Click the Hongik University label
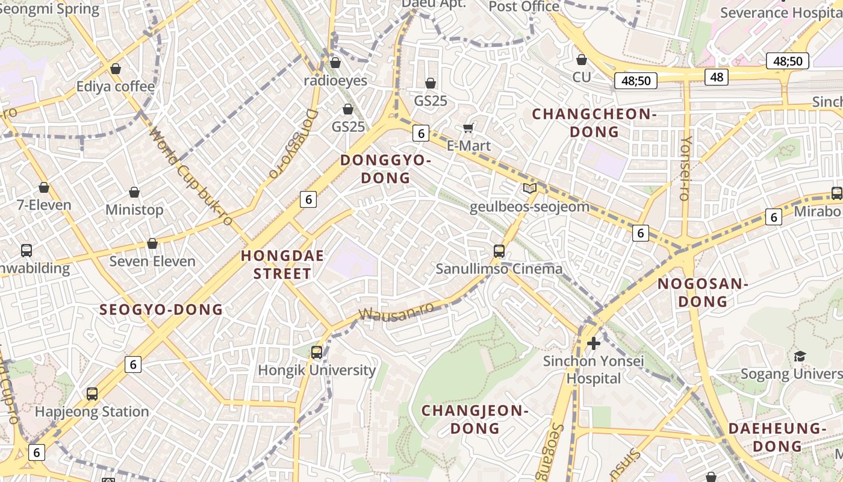[x=317, y=370]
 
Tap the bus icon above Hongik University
[x=317, y=352]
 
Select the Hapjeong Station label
[x=92, y=412]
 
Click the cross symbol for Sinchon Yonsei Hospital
[x=594, y=343]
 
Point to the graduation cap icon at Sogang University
[x=800, y=356]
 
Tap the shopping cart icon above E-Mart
[x=468, y=128]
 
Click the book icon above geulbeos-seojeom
[x=529, y=189]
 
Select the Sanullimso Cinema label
[x=499, y=269]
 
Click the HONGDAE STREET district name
[x=282, y=264]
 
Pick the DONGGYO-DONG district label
[x=385, y=169]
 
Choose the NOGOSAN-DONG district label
[x=702, y=292]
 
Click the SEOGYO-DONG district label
[x=161, y=310]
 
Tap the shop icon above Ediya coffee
[x=115, y=69]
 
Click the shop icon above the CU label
[x=581, y=60]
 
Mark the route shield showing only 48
[x=717, y=77]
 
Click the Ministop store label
[x=134, y=210]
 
